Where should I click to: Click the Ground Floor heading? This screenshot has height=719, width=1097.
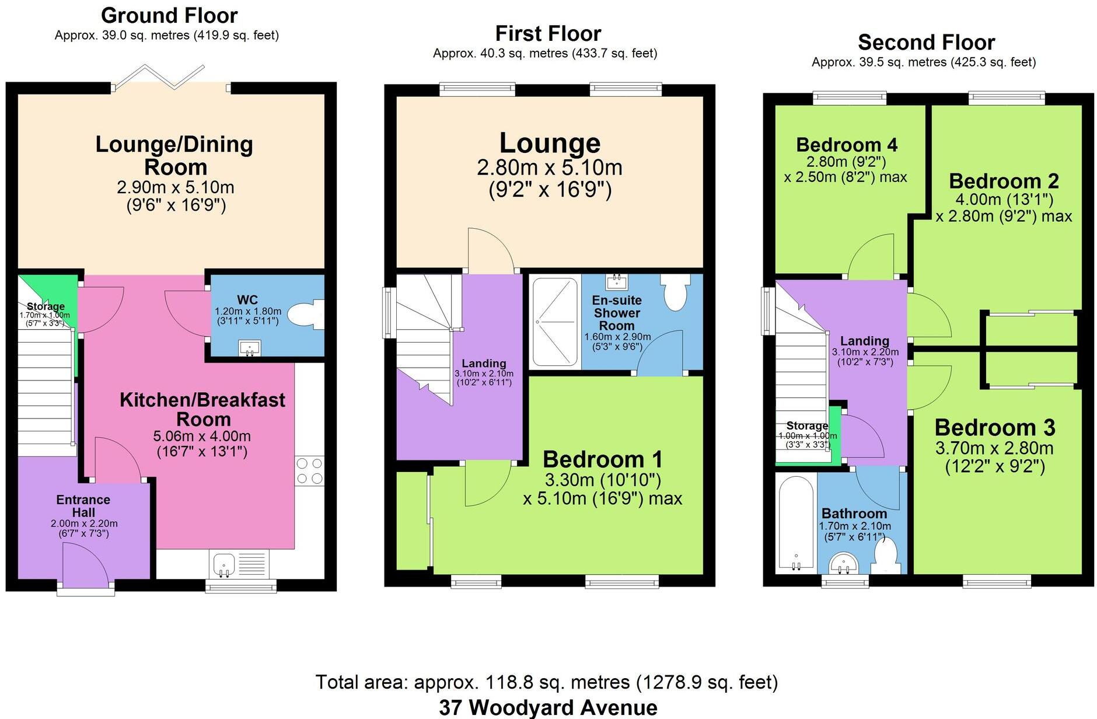pos(169,15)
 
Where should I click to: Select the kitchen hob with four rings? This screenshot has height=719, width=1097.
pos(309,470)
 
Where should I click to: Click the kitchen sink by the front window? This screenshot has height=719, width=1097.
pos(224,564)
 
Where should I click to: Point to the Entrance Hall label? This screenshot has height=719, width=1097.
pos(83,506)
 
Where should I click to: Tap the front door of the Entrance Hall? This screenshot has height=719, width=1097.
pos(85,564)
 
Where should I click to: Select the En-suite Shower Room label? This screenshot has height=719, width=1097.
pos(617,313)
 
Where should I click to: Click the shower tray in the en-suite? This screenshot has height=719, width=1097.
pos(555,322)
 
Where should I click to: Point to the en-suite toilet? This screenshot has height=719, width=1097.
pos(676,294)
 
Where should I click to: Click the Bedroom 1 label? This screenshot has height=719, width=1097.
pos(603,459)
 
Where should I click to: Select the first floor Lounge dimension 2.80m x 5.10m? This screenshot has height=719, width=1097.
pos(550,168)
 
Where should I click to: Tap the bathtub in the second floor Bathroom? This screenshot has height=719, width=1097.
pos(796,524)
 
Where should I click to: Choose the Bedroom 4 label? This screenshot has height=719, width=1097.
pos(846,145)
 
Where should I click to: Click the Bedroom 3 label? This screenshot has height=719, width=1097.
pos(995,428)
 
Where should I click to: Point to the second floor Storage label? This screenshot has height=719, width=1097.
pos(807,425)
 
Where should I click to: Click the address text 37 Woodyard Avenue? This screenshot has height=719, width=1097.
pos(548,707)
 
